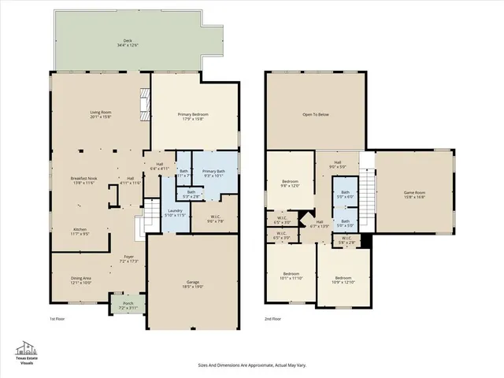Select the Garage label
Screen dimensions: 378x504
click(x=194, y=284)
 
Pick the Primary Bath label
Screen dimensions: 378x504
click(x=213, y=172)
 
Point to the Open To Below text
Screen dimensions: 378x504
click(x=315, y=115)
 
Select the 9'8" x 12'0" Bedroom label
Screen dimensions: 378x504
click(x=290, y=183)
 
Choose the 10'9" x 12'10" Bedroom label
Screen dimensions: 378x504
click(x=343, y=279)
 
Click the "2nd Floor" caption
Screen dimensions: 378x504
click(x=274, y=319)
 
